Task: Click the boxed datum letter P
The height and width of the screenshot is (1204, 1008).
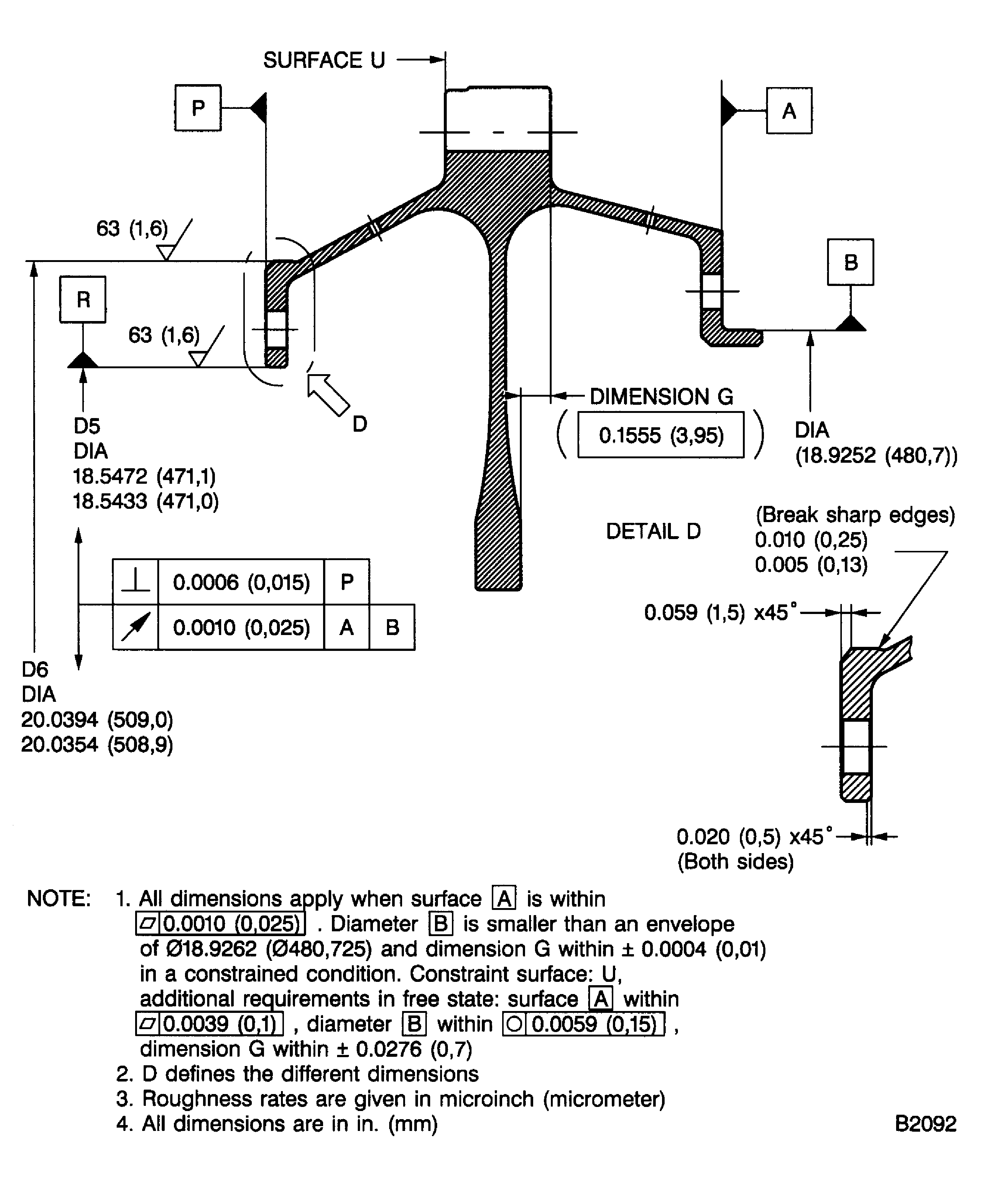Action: pos(198,108)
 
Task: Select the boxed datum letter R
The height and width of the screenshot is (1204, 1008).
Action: pos(83,299)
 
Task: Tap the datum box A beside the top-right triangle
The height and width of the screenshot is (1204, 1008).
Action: pos(789,111)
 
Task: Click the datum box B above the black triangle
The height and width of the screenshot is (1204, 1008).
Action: pos(850,262)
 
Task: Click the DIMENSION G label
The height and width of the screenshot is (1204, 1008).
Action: pos(662,396)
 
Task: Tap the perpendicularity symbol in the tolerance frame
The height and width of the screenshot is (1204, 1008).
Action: pos(136,582)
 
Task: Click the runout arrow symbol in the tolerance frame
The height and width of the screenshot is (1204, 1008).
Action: pos(136,627)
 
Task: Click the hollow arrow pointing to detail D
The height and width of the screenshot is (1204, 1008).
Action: pos(328,394)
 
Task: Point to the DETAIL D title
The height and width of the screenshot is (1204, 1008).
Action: pos(654,531)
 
